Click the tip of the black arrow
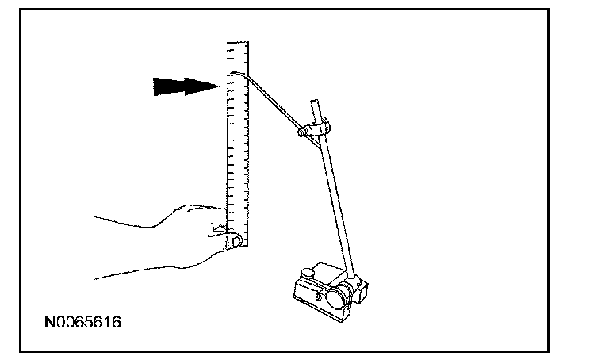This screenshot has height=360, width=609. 218,86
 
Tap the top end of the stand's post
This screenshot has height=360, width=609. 316,102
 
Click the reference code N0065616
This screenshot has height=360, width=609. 83,324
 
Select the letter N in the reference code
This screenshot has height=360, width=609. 50,324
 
